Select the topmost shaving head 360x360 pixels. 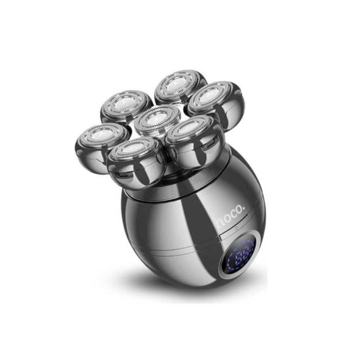(181, 87)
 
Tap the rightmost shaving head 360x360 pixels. (216, 101)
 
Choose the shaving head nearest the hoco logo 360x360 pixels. (195, 142)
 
